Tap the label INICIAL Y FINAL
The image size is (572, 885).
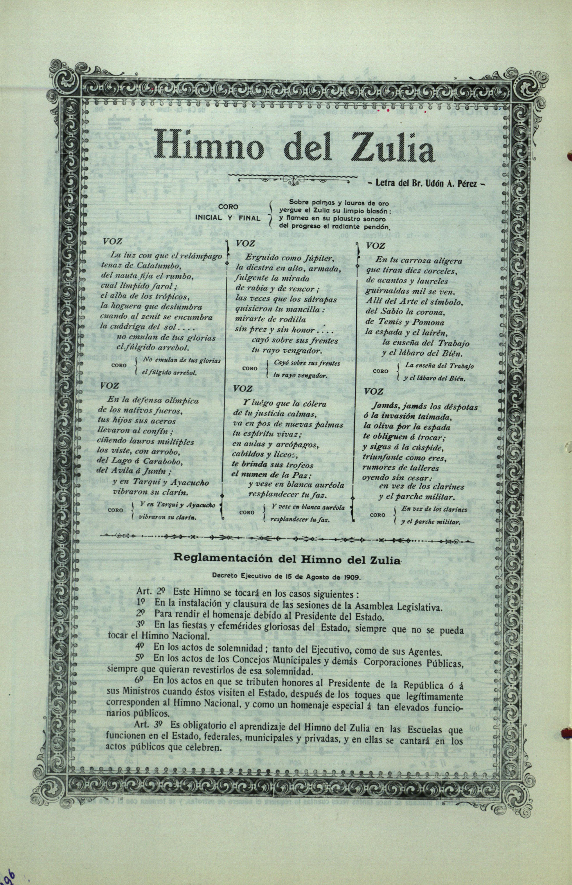click(x=228, y=218)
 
